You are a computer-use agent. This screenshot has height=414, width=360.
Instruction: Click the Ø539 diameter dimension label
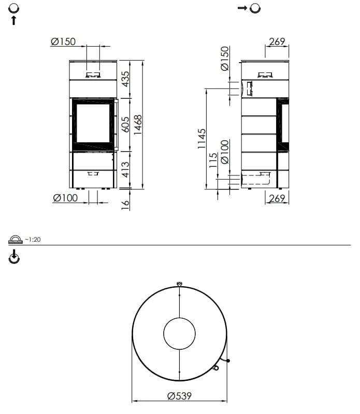[179, 396]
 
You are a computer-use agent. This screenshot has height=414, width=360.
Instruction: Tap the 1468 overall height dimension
[138, 125]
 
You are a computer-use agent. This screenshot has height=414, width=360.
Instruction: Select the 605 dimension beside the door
[125, 124]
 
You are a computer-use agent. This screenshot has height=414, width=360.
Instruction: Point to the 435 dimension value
[125, 79]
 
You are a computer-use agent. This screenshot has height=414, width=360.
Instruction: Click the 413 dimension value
[125, 170]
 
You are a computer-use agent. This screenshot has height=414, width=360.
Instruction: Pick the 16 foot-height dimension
[125, 205]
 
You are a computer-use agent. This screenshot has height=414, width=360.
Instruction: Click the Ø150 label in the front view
[63, 41]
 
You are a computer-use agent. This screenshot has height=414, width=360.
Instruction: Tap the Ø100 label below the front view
[65, 198]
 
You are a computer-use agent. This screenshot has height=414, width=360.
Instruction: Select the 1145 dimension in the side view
[201, 138]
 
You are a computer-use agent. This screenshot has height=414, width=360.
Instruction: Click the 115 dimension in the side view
[213, 160]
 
